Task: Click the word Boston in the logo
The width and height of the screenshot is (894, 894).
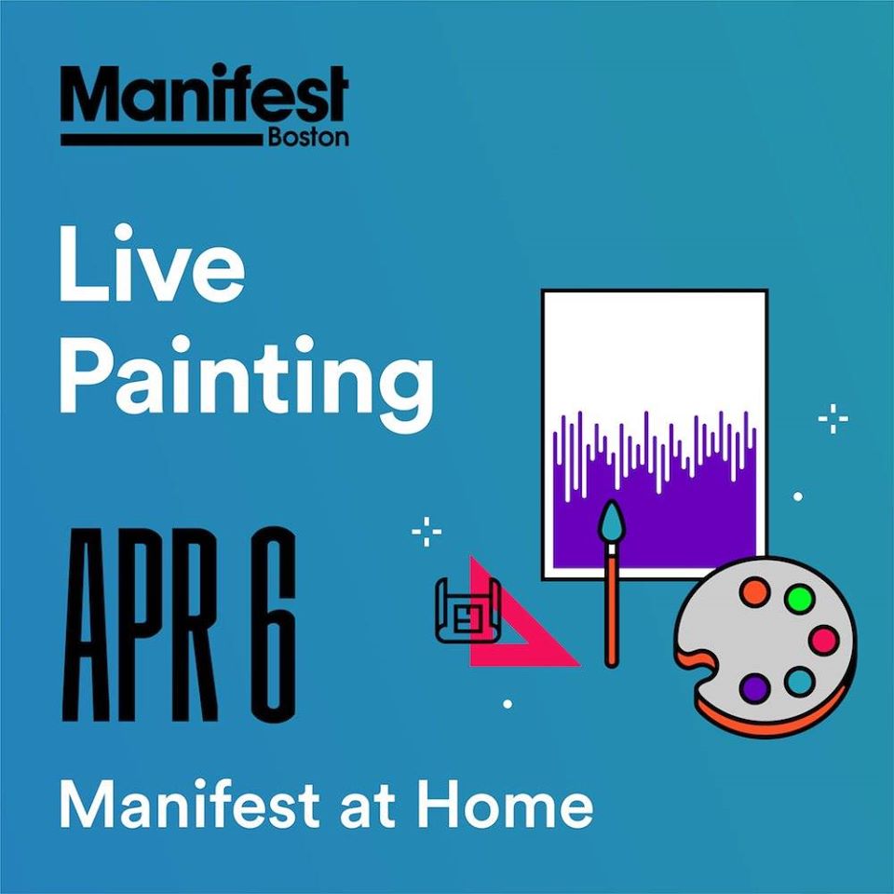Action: click(x=308, y=138)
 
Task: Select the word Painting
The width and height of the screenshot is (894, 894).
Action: click(x=246, y=377)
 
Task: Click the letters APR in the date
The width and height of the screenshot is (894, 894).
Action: click(x=141, y=624)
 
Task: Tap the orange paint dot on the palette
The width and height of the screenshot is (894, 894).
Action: click(x=754, y=592)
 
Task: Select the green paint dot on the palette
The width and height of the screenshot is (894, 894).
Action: click(x=799, y=598)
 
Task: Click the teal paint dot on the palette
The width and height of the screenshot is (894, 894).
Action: click(x=799, y=682)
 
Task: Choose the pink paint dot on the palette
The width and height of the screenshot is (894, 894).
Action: click(x=823, y=640)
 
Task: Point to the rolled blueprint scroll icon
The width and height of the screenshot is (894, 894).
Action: click(x=467, y=611)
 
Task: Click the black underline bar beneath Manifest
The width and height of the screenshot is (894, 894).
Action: click(x=163, y=141)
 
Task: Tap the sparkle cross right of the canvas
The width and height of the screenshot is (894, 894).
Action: click(x=833, y=419)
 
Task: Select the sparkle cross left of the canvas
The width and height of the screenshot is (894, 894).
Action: click(x=427, y=532)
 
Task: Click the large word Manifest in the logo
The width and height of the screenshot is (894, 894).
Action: click(x=204, y=93)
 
